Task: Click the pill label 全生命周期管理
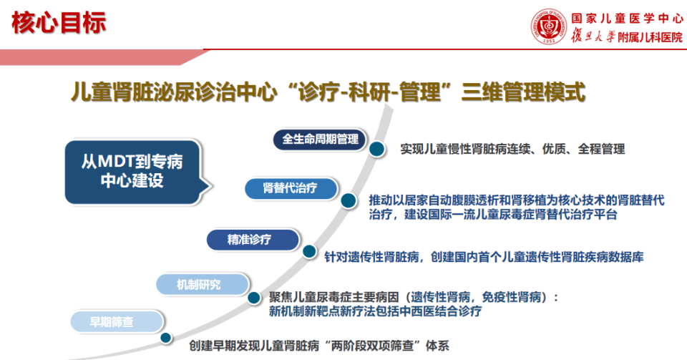click(x=320, y=140)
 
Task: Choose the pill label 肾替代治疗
click(x=290, y=188)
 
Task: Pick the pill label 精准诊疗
click(x=251, y=239)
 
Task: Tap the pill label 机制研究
click(x=200, y=284)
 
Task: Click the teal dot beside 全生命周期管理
click(x=376, y=149)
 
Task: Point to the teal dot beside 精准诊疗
click(x=309, y=251)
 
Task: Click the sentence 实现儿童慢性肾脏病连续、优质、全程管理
click(x=512, y=150)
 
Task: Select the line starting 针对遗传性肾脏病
click(x=484, y=256)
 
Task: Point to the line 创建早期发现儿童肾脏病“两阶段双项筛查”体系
click(x=319, y=345)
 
